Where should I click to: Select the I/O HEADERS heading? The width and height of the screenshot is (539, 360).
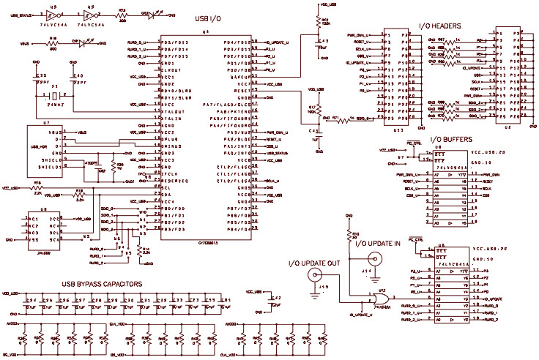pos(439,26)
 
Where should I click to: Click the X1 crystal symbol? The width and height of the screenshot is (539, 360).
pos(55,96)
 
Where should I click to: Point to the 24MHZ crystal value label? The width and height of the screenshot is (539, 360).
pos(55,106)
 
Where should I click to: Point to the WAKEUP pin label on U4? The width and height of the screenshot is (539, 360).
pos(242,76)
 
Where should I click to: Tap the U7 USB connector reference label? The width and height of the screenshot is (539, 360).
pos(46,124)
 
